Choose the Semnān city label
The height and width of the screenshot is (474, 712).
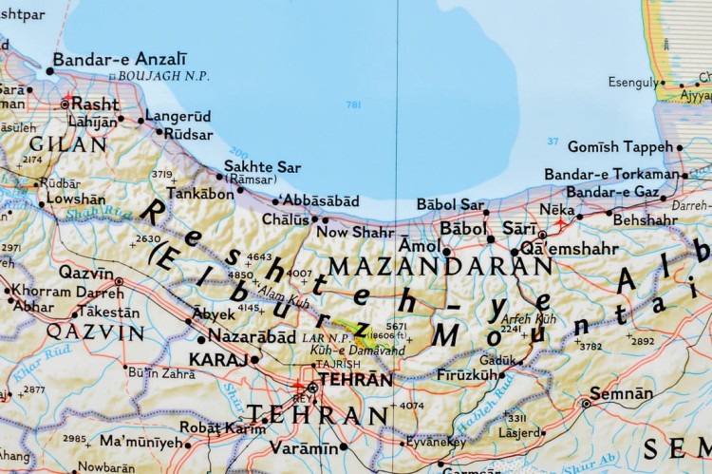click(621, 393)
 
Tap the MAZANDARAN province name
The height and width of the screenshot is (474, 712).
click(440, 267)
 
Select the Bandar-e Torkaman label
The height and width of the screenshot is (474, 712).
click(611, 175)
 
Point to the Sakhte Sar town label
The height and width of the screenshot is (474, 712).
click(262, 167)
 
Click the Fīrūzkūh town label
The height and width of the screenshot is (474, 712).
click(467, 377)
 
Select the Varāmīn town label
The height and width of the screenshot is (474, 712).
click(303, 447)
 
